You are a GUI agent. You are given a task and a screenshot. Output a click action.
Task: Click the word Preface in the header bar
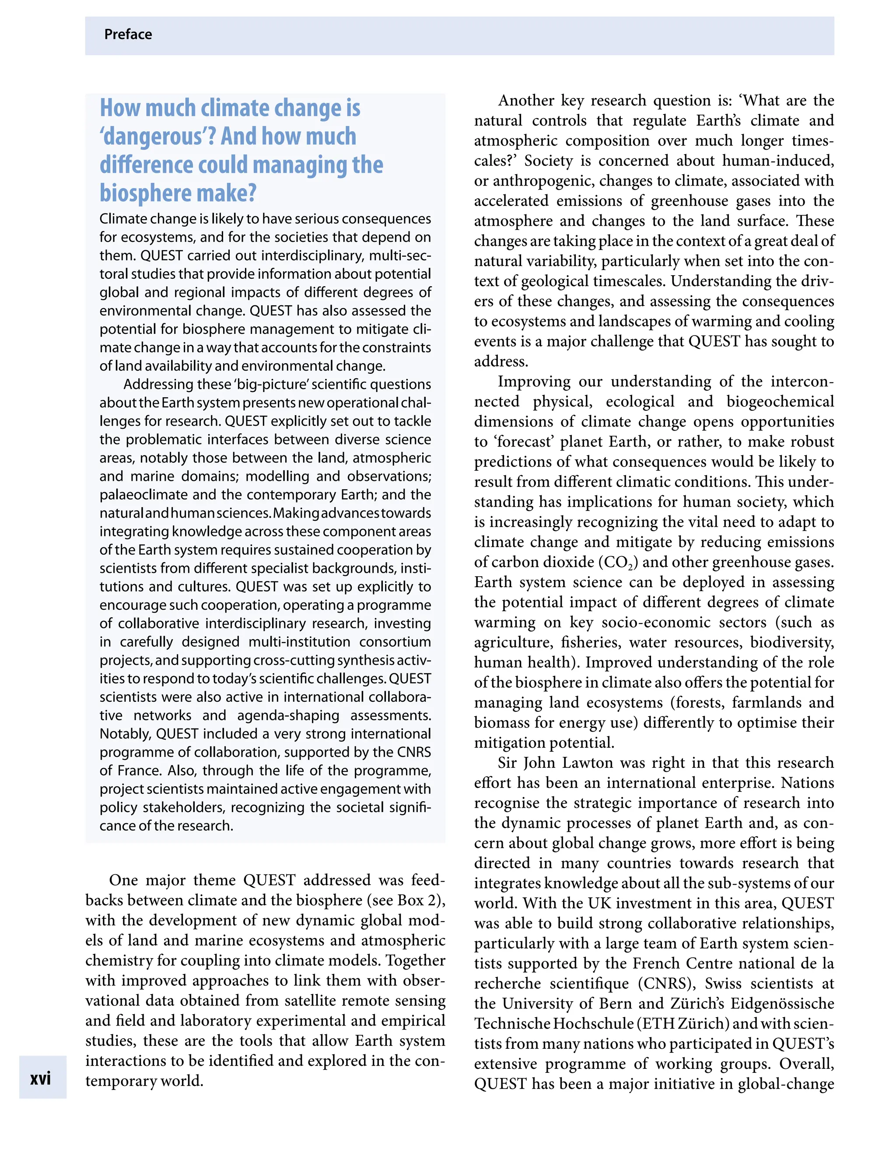(128, 35)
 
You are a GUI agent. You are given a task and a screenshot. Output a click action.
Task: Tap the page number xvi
(41, 1078)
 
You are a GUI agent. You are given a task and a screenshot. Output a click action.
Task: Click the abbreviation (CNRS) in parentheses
(667, 984)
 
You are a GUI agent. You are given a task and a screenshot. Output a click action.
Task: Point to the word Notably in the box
(125, 734)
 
